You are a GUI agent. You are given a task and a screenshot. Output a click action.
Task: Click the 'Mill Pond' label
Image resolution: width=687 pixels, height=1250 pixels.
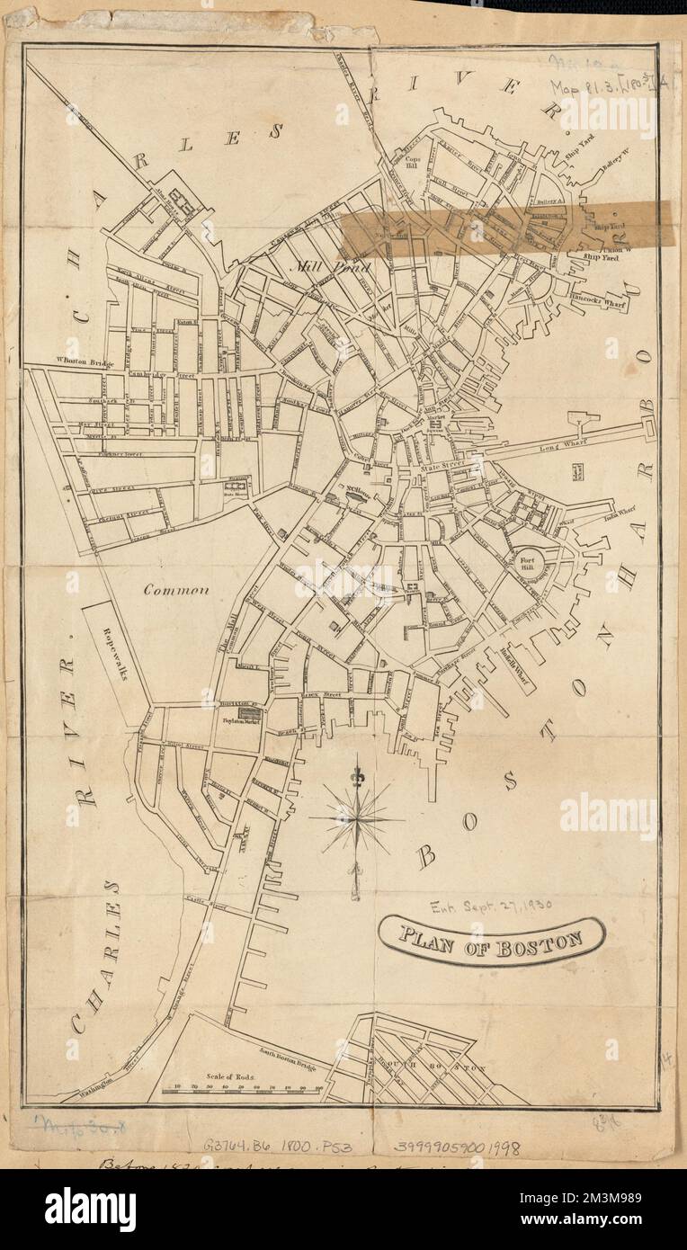pos(312,266)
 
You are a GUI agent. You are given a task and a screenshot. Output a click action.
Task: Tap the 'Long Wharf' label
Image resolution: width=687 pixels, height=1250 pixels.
pos(537,446)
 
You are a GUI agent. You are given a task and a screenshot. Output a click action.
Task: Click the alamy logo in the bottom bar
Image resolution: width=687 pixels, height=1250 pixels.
pos(90,1210)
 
